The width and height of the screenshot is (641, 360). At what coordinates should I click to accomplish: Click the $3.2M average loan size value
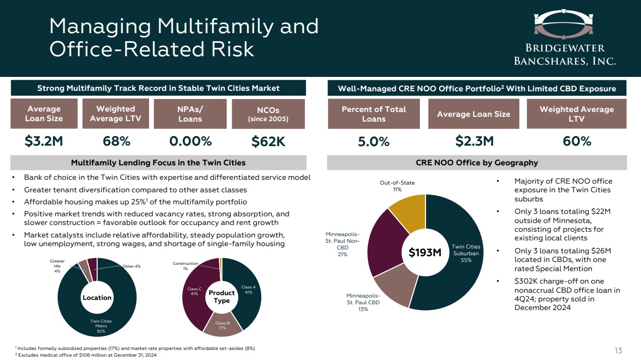[x=44, y=141]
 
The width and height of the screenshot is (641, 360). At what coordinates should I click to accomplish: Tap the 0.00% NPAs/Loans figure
[x=190, y=141]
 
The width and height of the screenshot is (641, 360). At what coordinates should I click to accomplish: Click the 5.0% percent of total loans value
[x=374, y=141]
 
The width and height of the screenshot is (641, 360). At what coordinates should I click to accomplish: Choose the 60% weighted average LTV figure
[x=576, y=141]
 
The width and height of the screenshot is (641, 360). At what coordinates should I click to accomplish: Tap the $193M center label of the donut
[x=425, y=252]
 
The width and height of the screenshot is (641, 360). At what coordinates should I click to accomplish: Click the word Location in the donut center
[x=97, y=298]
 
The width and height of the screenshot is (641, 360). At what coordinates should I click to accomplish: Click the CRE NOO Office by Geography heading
[x=477, y=162]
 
